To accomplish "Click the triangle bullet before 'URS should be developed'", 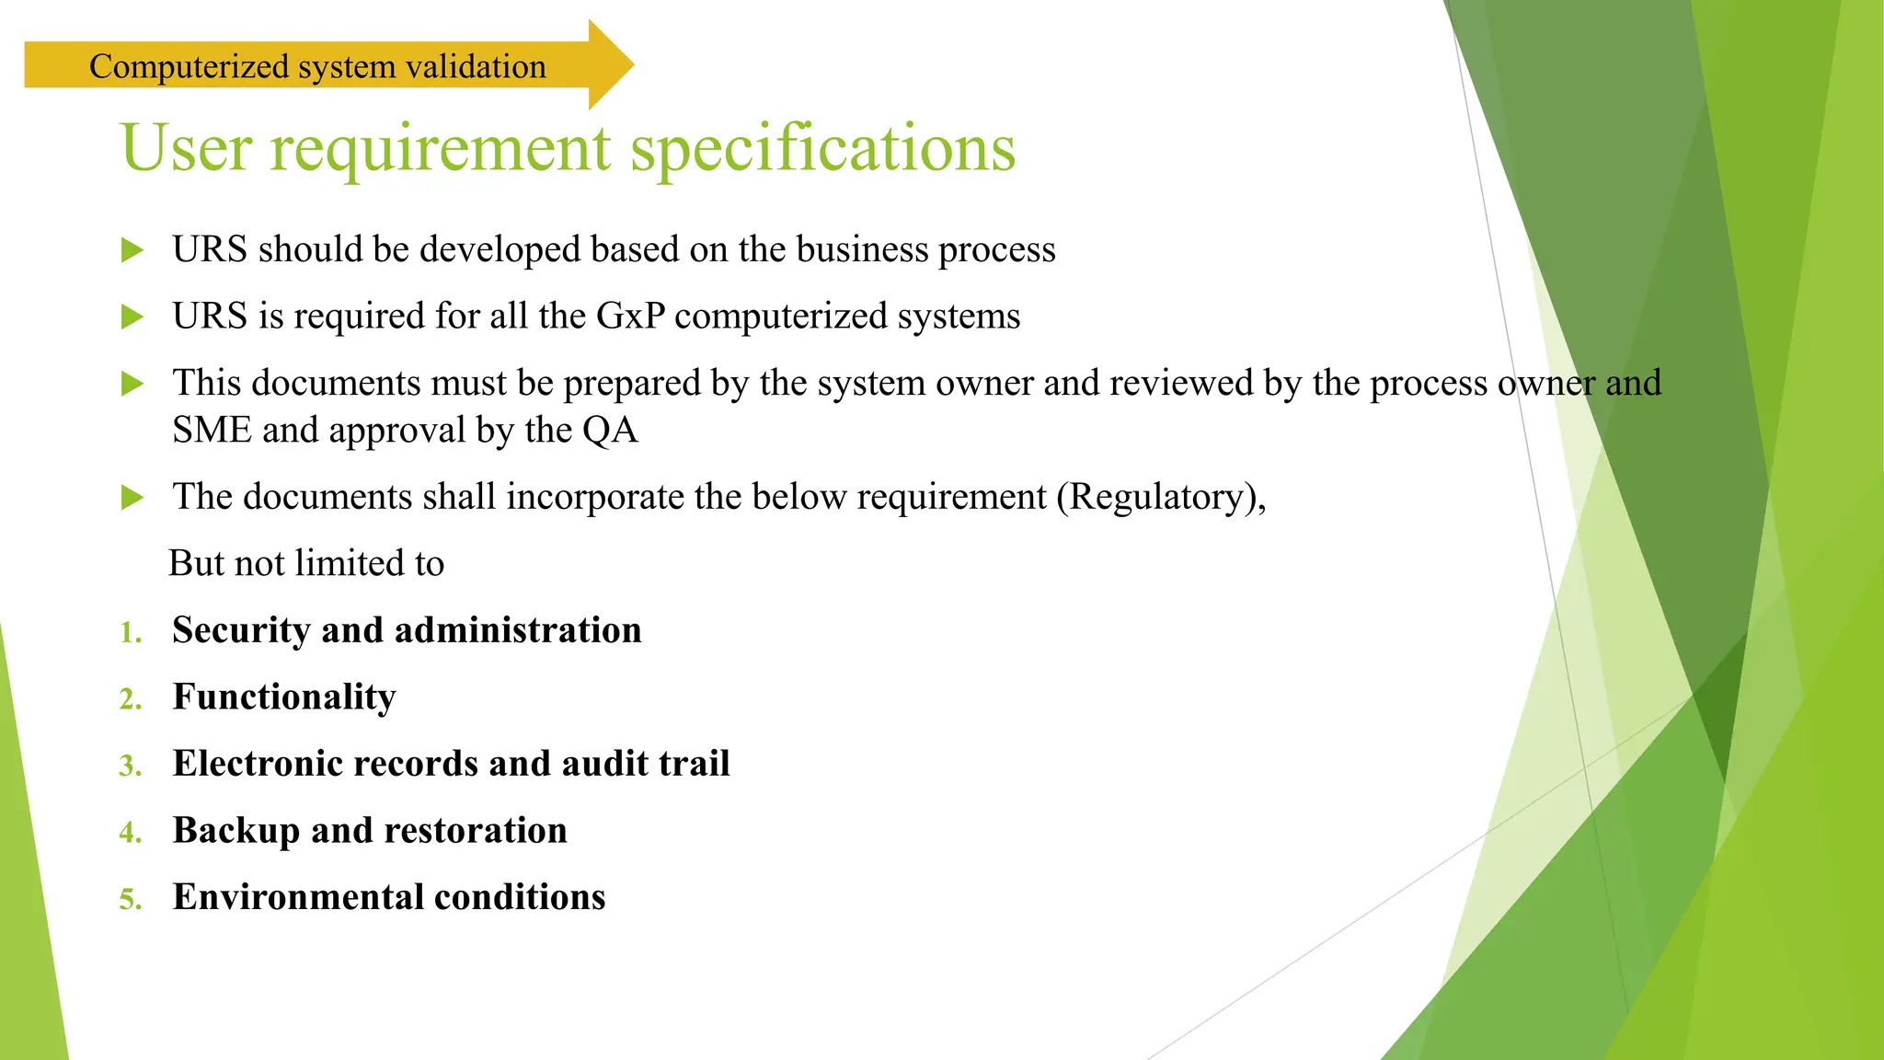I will [132, 250].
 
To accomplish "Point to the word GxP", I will [630, 317].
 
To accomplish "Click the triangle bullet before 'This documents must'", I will [132, 384].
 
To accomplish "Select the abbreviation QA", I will [610, 431].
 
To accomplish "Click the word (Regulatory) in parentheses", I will [1161, 498].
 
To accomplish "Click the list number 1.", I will [130, 633].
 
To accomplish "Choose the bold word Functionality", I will [284, 697].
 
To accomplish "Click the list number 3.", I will [130, 766].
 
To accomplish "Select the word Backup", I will [235, 831].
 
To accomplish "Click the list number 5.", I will [130, 900].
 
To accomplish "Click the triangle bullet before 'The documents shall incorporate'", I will [132, 498].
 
